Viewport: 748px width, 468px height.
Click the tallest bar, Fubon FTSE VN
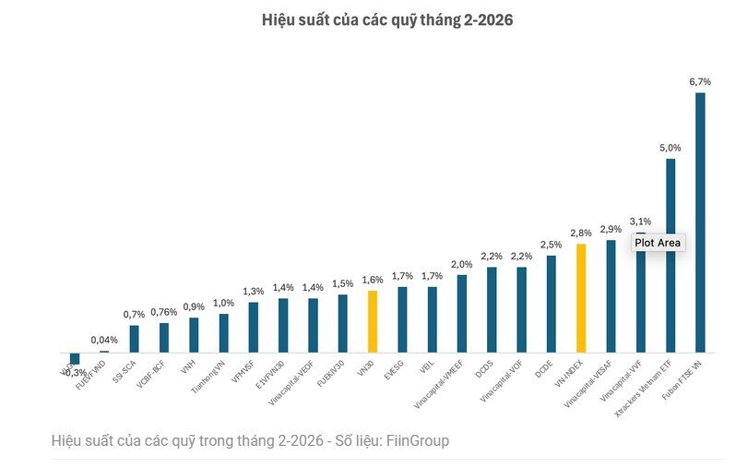tap(700, 222)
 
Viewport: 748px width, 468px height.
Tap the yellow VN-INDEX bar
tap(581, 297)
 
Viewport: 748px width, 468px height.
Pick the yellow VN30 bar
tap(373, 321)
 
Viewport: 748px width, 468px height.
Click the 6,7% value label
tap(700, 82)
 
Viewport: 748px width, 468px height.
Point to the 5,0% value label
tap(671, 148)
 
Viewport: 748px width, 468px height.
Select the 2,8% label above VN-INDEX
tap(581, 234)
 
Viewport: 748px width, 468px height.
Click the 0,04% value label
tap(104, 341)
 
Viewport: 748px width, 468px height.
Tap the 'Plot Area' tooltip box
tap(658, 243)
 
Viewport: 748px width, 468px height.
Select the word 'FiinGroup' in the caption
tap(419, 441)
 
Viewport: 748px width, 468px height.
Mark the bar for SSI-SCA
tap(135, 339)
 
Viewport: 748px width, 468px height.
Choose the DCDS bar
tap(492, 309)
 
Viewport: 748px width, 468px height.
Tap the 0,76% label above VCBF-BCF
tap(164, 311)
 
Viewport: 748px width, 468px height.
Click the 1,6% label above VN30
tap(373, 280)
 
